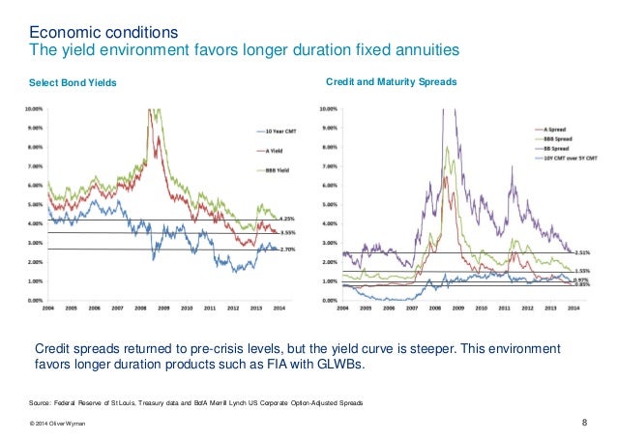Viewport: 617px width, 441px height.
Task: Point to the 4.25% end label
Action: tap(286, 219)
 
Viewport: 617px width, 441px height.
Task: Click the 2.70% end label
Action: tap(286, 250)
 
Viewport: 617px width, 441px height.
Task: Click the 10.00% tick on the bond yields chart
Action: tap(32, 108)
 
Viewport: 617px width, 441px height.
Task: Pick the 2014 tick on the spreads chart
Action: tap(573, 310)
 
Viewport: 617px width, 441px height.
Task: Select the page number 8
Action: tap(586, 422)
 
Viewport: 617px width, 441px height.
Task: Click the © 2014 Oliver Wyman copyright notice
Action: tap(59, 424)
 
